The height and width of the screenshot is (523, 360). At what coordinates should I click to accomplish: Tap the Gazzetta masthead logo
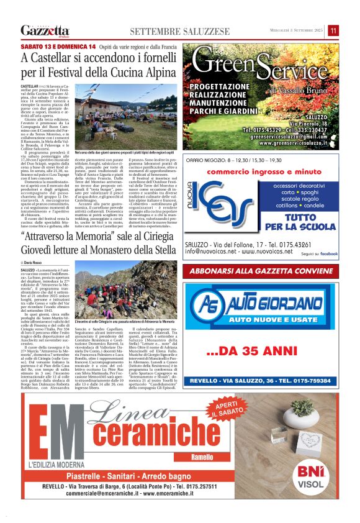(45, 30)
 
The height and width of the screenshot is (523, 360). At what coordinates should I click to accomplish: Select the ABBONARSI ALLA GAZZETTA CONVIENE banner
(264, 271)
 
